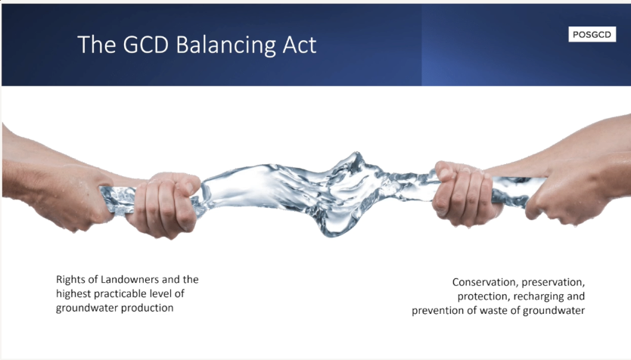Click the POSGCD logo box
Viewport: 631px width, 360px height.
pos(592,35)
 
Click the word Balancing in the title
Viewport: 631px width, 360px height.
pos(226,45)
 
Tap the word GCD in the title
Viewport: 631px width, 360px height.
pos(146,45)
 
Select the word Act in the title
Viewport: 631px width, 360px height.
pos(300,45)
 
